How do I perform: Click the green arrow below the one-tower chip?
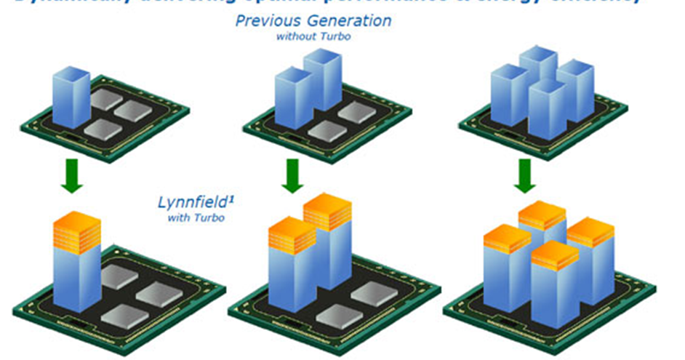[72, 177]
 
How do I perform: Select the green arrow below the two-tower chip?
[292, 177]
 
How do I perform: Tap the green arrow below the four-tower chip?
[524, 177]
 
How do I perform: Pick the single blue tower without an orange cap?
[71, 96]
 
